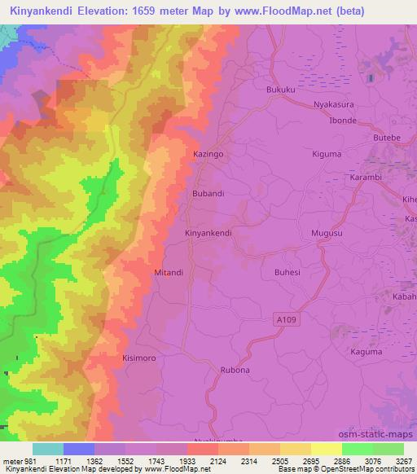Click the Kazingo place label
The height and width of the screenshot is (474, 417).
pyautogui.click(x=208, y=153)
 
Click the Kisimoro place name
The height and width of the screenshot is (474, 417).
pyautogui.click(x=138, y=358)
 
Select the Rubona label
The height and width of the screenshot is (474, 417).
pyautogui.click(x=234, y=370)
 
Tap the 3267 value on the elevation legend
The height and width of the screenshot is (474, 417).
pyautogui.click(x=403, y=461)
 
